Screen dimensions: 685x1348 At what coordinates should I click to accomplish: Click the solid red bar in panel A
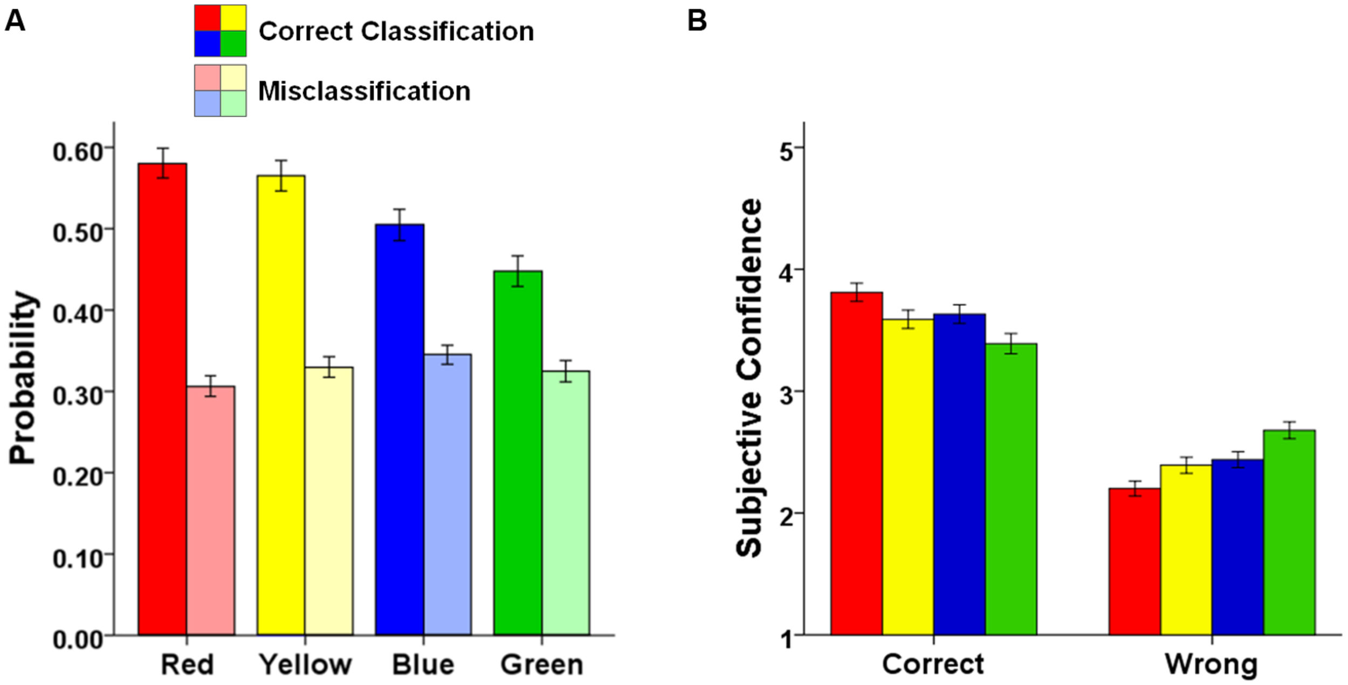[x=162, y=399]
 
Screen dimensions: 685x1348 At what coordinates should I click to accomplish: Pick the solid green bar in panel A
[x=518, y=453]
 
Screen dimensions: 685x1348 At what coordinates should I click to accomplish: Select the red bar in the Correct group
[x=856, y=464]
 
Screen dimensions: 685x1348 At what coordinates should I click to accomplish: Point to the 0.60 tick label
[x=78, y=152]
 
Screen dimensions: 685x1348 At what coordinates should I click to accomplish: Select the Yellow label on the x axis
[x=305, y=665]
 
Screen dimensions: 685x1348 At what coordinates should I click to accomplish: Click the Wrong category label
[x=1211, y=665]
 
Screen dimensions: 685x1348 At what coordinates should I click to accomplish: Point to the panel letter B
[x=697, y=22]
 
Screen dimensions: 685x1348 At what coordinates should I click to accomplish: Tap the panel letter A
[x=15, y=22]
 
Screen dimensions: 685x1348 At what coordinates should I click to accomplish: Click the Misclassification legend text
[x=364, y=91]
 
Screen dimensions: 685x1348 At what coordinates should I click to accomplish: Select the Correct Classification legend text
[x=396, y=31]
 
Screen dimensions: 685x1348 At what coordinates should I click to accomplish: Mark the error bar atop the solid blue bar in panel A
[x=399, y=224]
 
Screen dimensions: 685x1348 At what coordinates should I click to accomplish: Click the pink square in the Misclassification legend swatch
[x=208, y=78]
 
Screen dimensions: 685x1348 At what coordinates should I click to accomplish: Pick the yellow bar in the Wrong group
[x=1186, y=550]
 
